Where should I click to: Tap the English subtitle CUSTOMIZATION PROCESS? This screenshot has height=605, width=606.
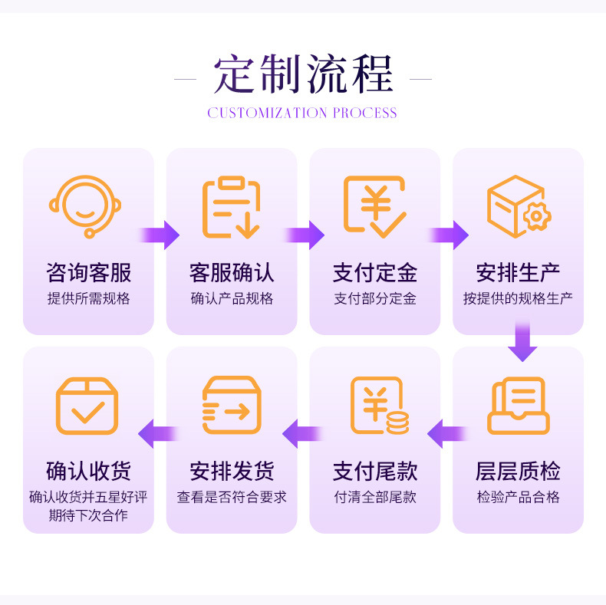(x=302, y=113)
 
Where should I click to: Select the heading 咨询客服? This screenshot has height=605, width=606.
(x=88, y=272)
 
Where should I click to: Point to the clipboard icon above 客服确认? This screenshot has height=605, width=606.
(x=231, y=206)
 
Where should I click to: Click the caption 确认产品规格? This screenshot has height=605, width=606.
(x=232, y=299)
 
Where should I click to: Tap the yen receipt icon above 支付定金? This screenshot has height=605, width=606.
(x=374, y=206)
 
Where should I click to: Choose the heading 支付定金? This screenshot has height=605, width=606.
(x=374, y=272)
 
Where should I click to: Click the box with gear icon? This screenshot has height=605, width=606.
(x=518, y=206)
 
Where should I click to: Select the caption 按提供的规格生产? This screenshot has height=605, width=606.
(x=518, y=299)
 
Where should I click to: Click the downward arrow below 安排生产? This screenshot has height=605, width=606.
(x=522, y=341)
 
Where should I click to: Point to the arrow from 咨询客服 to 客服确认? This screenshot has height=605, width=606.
(x=160, y=235)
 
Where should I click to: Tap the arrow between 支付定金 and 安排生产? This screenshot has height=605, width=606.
(x=447, y=235)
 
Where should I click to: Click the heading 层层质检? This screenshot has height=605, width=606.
(x=518, y=471)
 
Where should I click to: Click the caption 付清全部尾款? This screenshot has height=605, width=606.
(x=374, y=497)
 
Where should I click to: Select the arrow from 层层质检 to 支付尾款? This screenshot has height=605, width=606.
(x=446, y=434)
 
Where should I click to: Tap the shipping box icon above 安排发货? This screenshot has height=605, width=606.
(x=231, y=406)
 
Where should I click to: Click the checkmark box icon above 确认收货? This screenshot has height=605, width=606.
(x=87, y=406)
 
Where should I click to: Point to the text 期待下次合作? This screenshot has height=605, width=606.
(x=88, y=515)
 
